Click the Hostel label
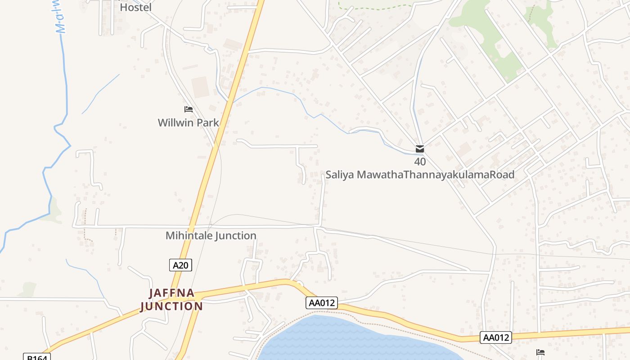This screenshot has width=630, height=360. coord(135,7)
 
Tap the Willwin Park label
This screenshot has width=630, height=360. coord(188,122)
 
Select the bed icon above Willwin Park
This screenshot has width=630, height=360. coord(189,109)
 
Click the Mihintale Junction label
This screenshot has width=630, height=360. coord(211,235)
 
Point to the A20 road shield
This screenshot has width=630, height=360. coord(180,265)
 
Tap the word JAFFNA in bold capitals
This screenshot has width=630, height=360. coord(172,293)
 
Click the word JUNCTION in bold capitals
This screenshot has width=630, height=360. coord(171,306)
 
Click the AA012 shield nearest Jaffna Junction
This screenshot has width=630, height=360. coord(322,303)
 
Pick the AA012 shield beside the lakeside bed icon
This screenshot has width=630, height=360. coord(496,337)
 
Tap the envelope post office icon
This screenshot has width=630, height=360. coord(420,149)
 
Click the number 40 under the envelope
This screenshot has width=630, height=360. coord(420,162)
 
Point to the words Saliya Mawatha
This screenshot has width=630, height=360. coord(364,175)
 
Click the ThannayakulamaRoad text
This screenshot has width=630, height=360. coord(459,175)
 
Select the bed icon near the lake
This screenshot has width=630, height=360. coord(540,352)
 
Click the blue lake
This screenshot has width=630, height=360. coord(342,342)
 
